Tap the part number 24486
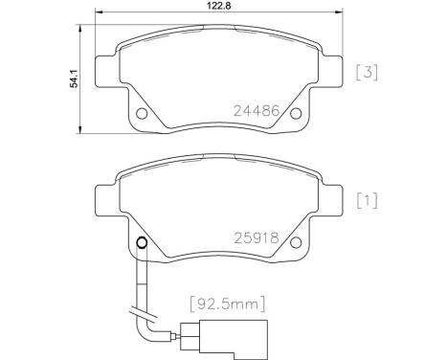pos(257,110)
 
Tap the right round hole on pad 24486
pos(296,115)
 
